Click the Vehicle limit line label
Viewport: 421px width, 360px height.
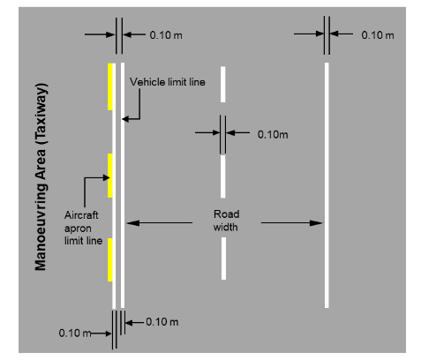[x=168, y=82]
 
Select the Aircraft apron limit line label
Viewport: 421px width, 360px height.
[x=83, y=228]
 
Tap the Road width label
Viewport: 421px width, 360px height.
[x=226, y=221]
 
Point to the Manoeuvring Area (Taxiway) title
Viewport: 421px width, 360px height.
[x=41, y=177]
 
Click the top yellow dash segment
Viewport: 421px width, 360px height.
[x=110, y=86]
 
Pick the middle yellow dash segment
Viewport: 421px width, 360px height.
[x=110, y=176]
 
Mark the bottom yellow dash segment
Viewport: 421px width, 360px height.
[x=110, y=259]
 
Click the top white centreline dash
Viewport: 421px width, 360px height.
[x=223, y=85]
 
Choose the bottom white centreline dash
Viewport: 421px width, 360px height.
[x=223, y=259]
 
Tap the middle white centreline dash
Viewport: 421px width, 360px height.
[x=223, y=176]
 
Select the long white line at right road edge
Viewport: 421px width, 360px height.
[x=327, y=185]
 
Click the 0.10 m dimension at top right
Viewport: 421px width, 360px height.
[x=378, y=35]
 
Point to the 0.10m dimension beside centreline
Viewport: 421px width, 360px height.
[x=273, y=135]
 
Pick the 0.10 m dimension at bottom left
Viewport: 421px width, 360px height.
[x=75, y=334]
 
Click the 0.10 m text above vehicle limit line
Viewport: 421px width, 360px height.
[x=166, y=35]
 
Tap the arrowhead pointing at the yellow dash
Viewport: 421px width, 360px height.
[x=106, y=177]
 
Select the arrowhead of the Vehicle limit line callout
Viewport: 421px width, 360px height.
[x=125, y=119]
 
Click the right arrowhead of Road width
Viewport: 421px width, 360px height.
[x=316, y=223]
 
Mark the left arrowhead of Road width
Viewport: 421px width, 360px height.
[x=133, y=223]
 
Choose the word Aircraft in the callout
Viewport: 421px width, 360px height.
[x=81, y=215]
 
